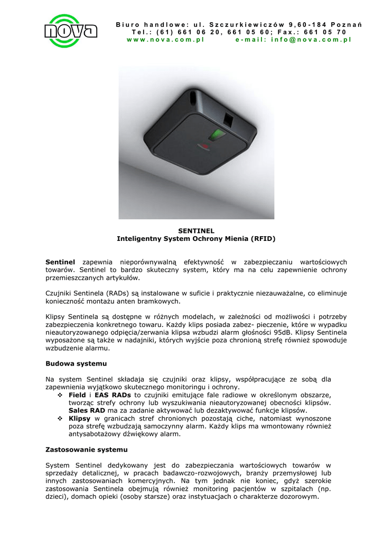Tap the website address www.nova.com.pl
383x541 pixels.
[165, 40]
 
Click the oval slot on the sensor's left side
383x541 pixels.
[191, 98]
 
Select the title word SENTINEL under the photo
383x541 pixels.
[196, 231]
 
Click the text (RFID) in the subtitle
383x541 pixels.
[263, 239]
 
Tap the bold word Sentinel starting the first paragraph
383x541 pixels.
[60, 262]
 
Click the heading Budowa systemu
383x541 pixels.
[76, 364]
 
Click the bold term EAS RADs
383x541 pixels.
[114, 395]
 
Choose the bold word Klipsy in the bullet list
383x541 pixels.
[80, 419]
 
